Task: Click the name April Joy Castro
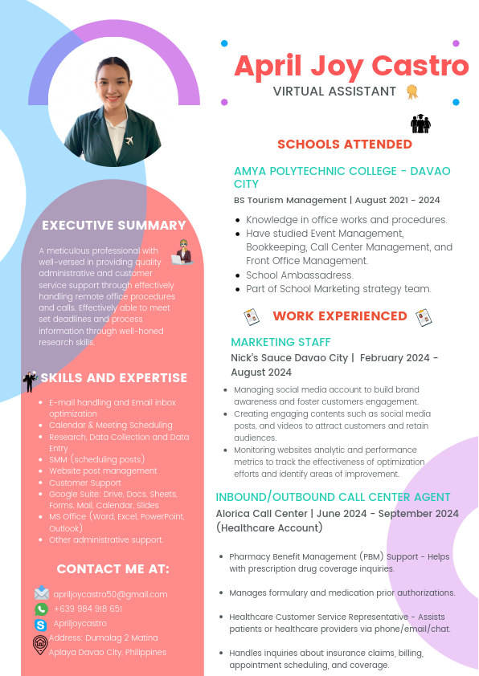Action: pos(351,65)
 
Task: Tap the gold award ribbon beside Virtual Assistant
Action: pos(412,92)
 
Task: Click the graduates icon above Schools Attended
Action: pos(420,123)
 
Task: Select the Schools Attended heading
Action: pos(344,145)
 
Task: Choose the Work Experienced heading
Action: pos(340,316)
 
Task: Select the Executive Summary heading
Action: pos(114,226)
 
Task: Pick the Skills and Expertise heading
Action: pos(113,378)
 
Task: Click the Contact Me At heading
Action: pos(113,569)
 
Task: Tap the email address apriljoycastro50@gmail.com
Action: pos(111,594)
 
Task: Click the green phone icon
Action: pos(41,609)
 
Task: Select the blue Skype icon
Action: pos(40,624)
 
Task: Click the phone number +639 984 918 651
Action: pos(88,609)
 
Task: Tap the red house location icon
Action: pos(40,644)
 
